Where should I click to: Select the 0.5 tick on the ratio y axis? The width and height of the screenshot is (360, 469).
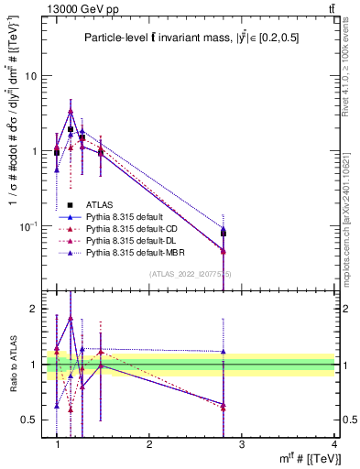point(33,420)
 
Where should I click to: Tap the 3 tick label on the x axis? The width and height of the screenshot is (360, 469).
point(242,443)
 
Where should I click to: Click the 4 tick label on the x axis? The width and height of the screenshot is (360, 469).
point(333,443)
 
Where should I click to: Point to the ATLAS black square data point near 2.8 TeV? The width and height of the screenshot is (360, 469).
point(224,234)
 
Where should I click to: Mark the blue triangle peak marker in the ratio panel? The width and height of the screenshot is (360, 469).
point(71,319)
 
